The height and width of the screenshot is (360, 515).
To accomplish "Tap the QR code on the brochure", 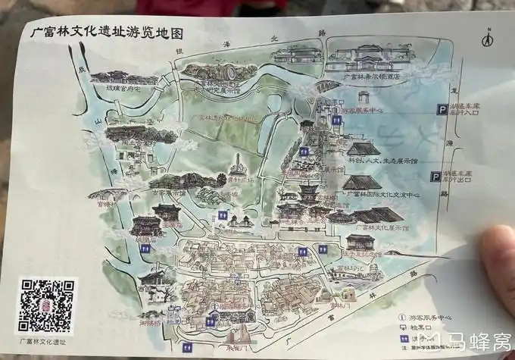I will tap(47, 305).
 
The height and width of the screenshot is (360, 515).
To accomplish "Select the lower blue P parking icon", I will tap(434, 177).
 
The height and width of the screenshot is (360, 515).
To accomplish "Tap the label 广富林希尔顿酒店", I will tap(371, 76).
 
